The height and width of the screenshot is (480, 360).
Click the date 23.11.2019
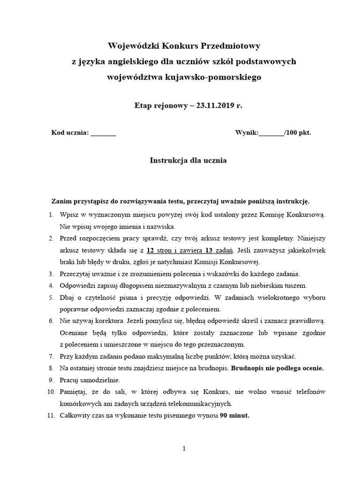[x=214, y=105]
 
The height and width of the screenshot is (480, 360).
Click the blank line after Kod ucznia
[x=103, y=133]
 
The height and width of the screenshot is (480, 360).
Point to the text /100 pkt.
[x=298, y=133]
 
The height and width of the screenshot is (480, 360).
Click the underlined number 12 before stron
[x=150, y=250]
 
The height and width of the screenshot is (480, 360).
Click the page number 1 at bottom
[x=184, y=449]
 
